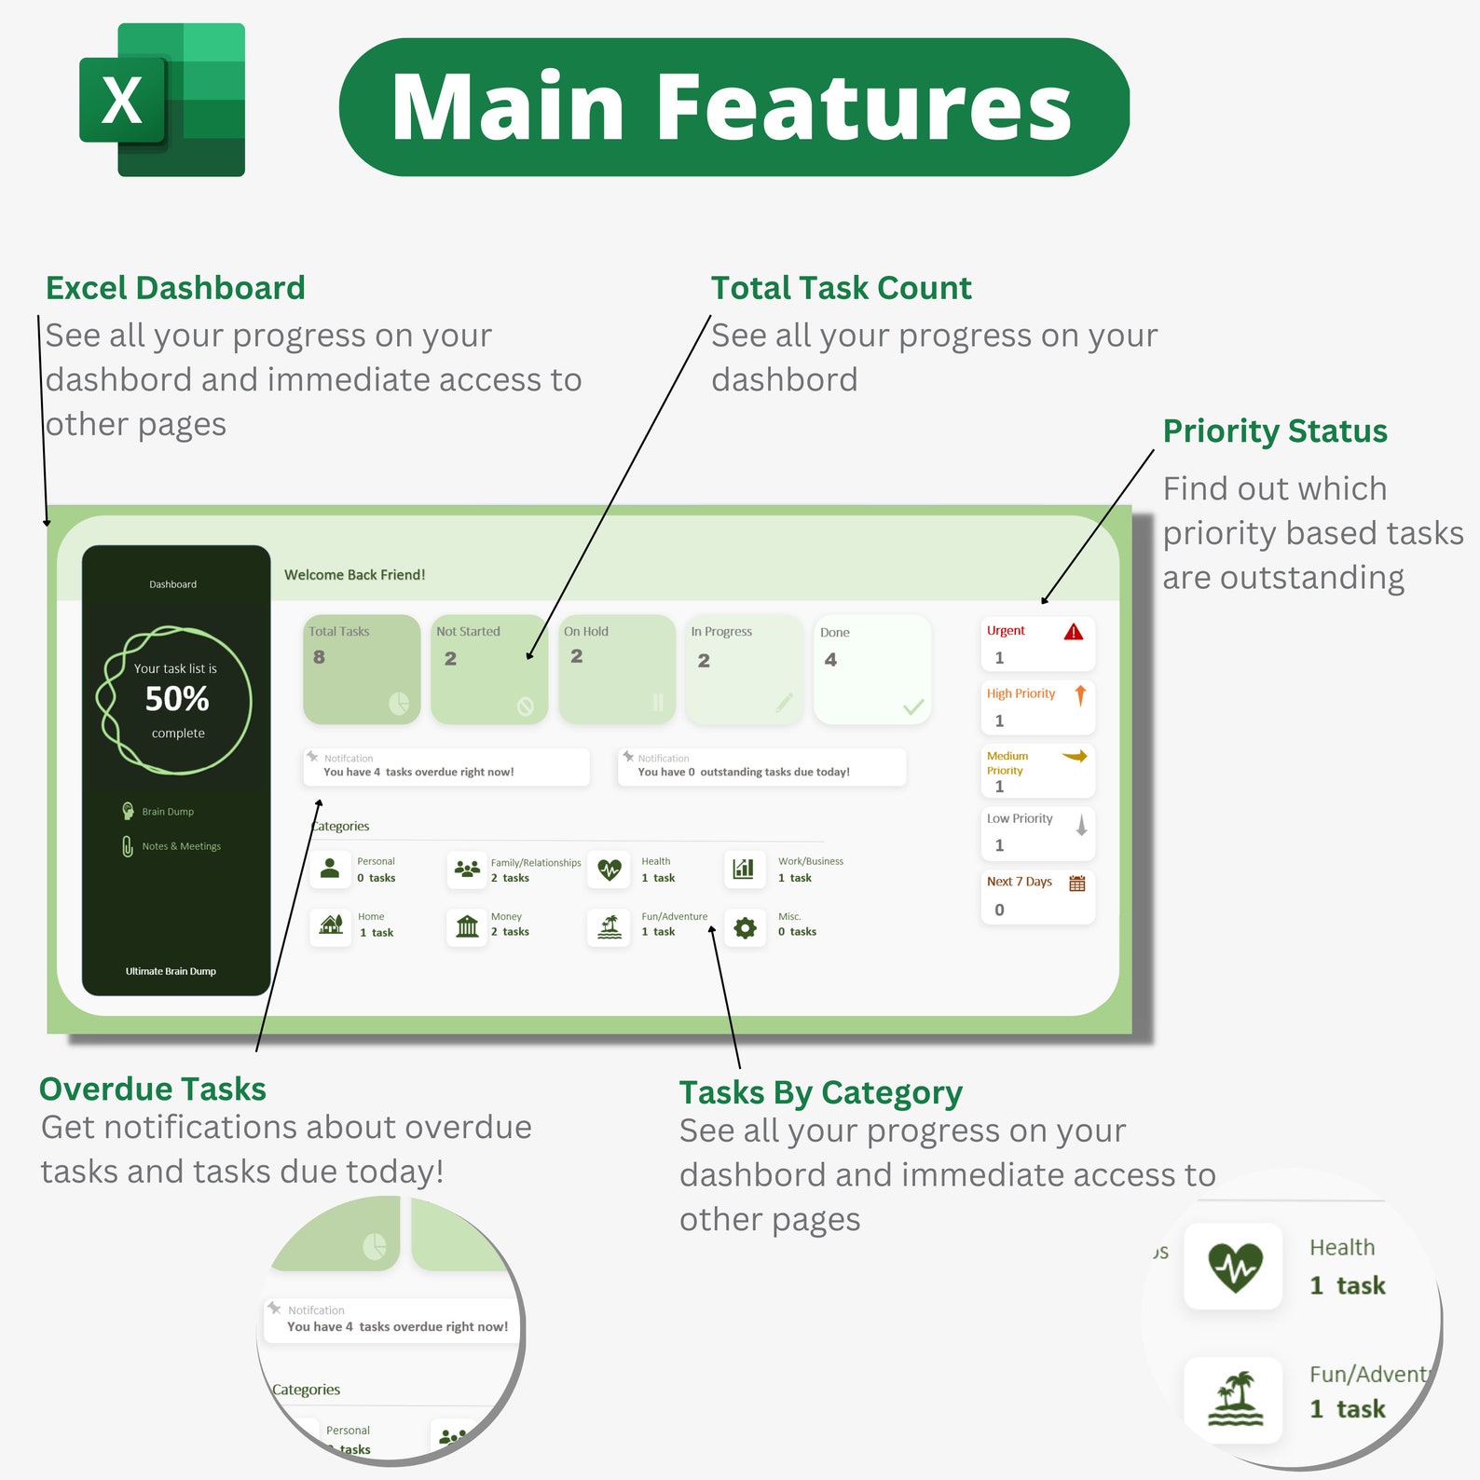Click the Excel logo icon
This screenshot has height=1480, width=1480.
coord(162,101)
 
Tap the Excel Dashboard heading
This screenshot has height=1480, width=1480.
coord(175,288)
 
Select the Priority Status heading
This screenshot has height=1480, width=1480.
coord(1274,431)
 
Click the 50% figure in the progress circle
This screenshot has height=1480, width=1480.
coord(177,699)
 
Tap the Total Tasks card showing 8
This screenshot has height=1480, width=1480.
coord(362,669)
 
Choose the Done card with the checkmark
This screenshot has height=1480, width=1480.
coord(872,669)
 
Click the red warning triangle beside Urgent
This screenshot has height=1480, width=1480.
coord(1074,632)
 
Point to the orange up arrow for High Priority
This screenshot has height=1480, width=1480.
coord(1080,695)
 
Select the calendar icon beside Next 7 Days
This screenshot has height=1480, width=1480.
coord(1077,884)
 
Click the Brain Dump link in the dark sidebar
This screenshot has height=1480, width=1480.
coord(167,812)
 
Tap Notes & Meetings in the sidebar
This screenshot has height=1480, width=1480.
coord(181,846)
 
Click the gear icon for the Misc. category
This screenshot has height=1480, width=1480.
coord(745,928)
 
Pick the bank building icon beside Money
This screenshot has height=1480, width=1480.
coord(467,925)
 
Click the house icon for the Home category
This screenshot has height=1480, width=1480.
coord(331,925)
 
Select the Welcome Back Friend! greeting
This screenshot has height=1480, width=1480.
coord(354,575)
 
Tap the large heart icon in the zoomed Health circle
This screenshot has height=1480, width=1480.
coord(1234,1268)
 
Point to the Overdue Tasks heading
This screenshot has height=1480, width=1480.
coord(152,1089)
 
